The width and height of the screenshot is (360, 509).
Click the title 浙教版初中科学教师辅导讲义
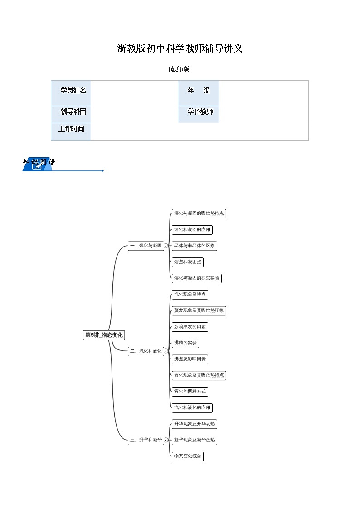[x=180, y=48]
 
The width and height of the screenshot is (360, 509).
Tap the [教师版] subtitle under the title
[x=180, y=69]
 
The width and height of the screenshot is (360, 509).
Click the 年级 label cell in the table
[x=199, y=90]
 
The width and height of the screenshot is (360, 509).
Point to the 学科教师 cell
[x=199, y=111]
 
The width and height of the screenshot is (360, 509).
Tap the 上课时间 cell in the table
[x=71, y=129]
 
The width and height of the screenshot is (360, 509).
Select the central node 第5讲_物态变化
[x=104, y=335]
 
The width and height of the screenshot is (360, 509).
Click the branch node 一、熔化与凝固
[x=146, y=246]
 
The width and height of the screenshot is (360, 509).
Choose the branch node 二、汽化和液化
[x=146, y=351]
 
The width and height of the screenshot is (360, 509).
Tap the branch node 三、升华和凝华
[x=146, y=440]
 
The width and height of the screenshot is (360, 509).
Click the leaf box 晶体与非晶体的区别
[x=194, y=246]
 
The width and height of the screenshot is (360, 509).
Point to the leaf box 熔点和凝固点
[x=187, y=262]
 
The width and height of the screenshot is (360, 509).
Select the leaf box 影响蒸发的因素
[x=190, y=326]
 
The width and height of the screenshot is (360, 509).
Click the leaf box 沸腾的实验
[x=185, y=343]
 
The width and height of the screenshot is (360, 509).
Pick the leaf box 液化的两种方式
[x=190, y=391]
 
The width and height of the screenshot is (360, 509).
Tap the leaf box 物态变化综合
[x=187, y=456]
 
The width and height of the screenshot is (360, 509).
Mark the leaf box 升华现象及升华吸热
[x=194, y=424]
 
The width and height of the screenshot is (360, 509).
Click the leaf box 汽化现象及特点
[x=190, y=294]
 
